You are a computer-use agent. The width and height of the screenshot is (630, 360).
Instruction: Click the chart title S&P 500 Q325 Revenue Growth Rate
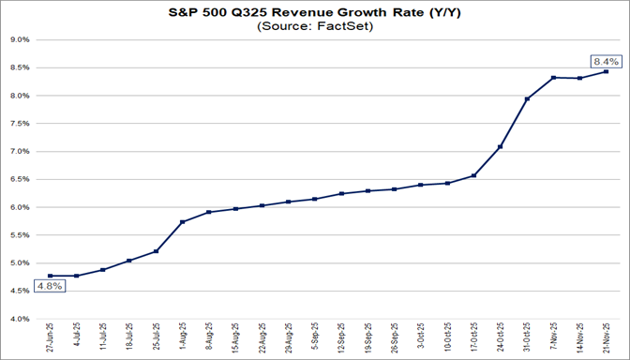[x=315, y=12]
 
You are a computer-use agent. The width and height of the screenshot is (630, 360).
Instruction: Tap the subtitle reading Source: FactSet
[x=315, y=27]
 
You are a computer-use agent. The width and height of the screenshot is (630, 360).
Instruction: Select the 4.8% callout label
[x=49, y=287]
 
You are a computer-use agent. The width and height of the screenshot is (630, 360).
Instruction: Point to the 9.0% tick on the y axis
[x=21, y=40]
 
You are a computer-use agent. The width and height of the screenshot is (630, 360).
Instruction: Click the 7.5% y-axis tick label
[x=21, y=124]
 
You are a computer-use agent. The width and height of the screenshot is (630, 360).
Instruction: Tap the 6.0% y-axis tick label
[x=21, y=207]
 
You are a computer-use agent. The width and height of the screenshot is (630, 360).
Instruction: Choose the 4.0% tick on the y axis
[x=21, y=319]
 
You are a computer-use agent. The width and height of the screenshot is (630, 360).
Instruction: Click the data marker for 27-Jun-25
[x=50, y=276]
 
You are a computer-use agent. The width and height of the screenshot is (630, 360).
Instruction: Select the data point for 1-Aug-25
[x=182, y=222]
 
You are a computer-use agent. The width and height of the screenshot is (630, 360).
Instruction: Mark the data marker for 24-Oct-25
[x=501, y=146]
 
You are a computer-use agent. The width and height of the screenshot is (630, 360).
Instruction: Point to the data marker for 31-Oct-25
[x=527, y=98]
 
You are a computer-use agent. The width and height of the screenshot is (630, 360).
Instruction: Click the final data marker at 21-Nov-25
[x=607, y=71]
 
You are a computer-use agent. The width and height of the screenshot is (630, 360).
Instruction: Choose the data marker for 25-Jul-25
[x=156, y=251]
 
